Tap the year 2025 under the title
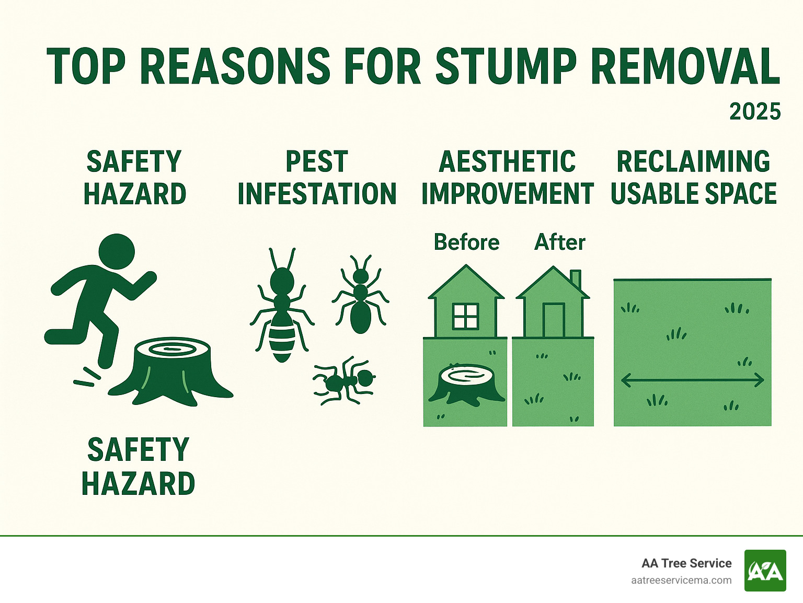click(x=754, y=112)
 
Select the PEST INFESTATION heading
click(x=317, y=178)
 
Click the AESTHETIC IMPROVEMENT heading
click(x=507, y=178)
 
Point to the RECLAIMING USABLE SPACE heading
click(x=693, y=178)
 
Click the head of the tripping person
click(x=116, y=251)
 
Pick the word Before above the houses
click(x=466, y=242)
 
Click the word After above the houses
click(x=559, y=242)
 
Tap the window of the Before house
click(x=465, y=316)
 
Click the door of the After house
click(x=553, y=320)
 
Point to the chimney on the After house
click(x=575, y=279)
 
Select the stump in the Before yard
click(x=465, y=384)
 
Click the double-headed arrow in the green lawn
click(x=692, y=380)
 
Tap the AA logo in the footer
click(x=765, y=571)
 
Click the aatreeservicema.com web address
click(x=681, y=581)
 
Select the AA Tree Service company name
click(x=686, y=563)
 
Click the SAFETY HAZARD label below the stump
click(x=138, y=467)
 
